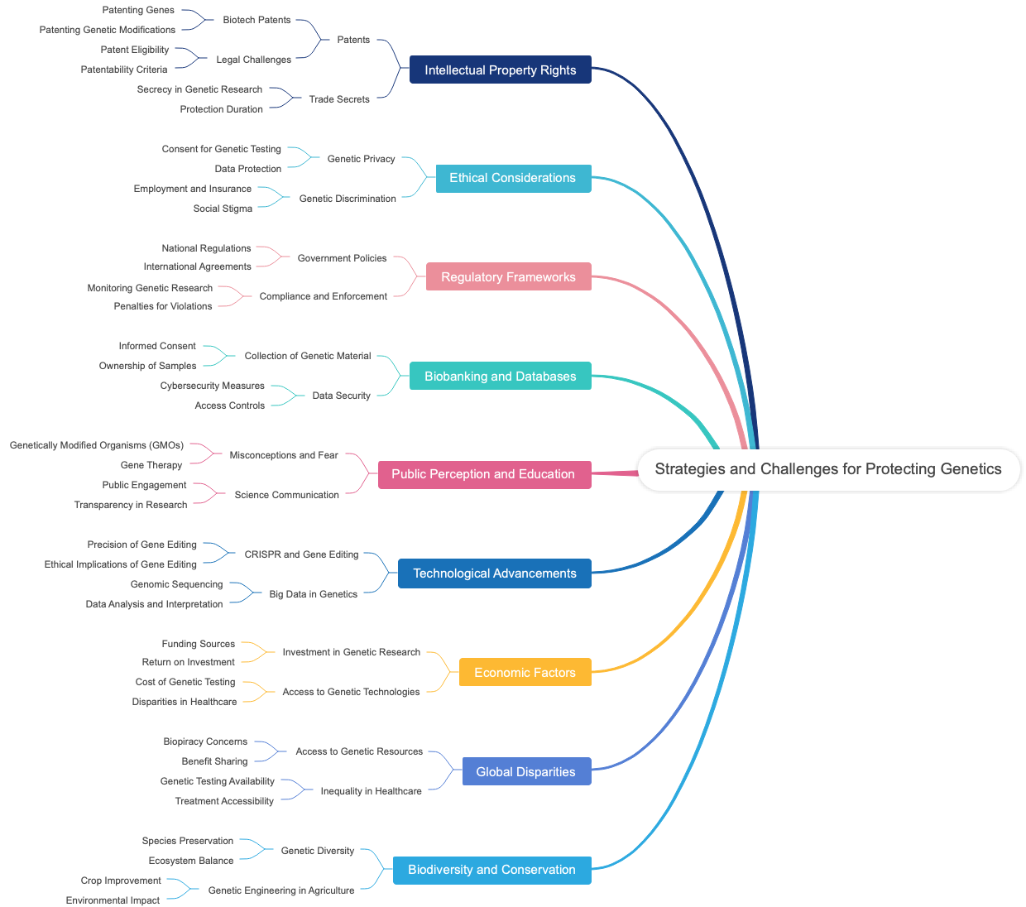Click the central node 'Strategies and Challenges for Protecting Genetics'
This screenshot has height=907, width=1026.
[828, 469]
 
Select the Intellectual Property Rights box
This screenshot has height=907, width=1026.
[500, 70]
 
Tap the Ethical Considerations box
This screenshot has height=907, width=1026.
[512, 178]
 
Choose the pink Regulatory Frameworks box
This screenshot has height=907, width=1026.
[508, 277]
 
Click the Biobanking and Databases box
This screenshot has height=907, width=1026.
[500, 377]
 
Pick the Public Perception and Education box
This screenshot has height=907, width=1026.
[483, 474]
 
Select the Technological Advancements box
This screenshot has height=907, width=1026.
[494, 573]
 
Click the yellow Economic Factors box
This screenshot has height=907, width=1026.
[525, 673]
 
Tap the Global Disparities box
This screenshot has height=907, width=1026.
[525, 772]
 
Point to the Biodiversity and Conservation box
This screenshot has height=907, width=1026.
[491, 870]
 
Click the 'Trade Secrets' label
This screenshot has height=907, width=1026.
[339, 99]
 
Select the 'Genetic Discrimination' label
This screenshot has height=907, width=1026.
[348, 199]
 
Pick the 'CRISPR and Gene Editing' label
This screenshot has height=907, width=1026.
[301, 554]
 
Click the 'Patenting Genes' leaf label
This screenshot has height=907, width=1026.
[138, 10]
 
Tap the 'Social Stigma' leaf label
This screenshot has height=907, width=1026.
[223, 209]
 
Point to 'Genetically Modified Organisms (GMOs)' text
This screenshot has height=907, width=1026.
[97, 445]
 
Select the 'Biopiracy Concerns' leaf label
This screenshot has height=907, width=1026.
[205, 741]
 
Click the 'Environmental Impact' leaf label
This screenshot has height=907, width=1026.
[113, 900]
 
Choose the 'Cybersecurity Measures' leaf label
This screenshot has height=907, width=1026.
[213, 386]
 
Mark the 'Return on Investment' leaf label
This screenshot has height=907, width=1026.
[188, 662]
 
